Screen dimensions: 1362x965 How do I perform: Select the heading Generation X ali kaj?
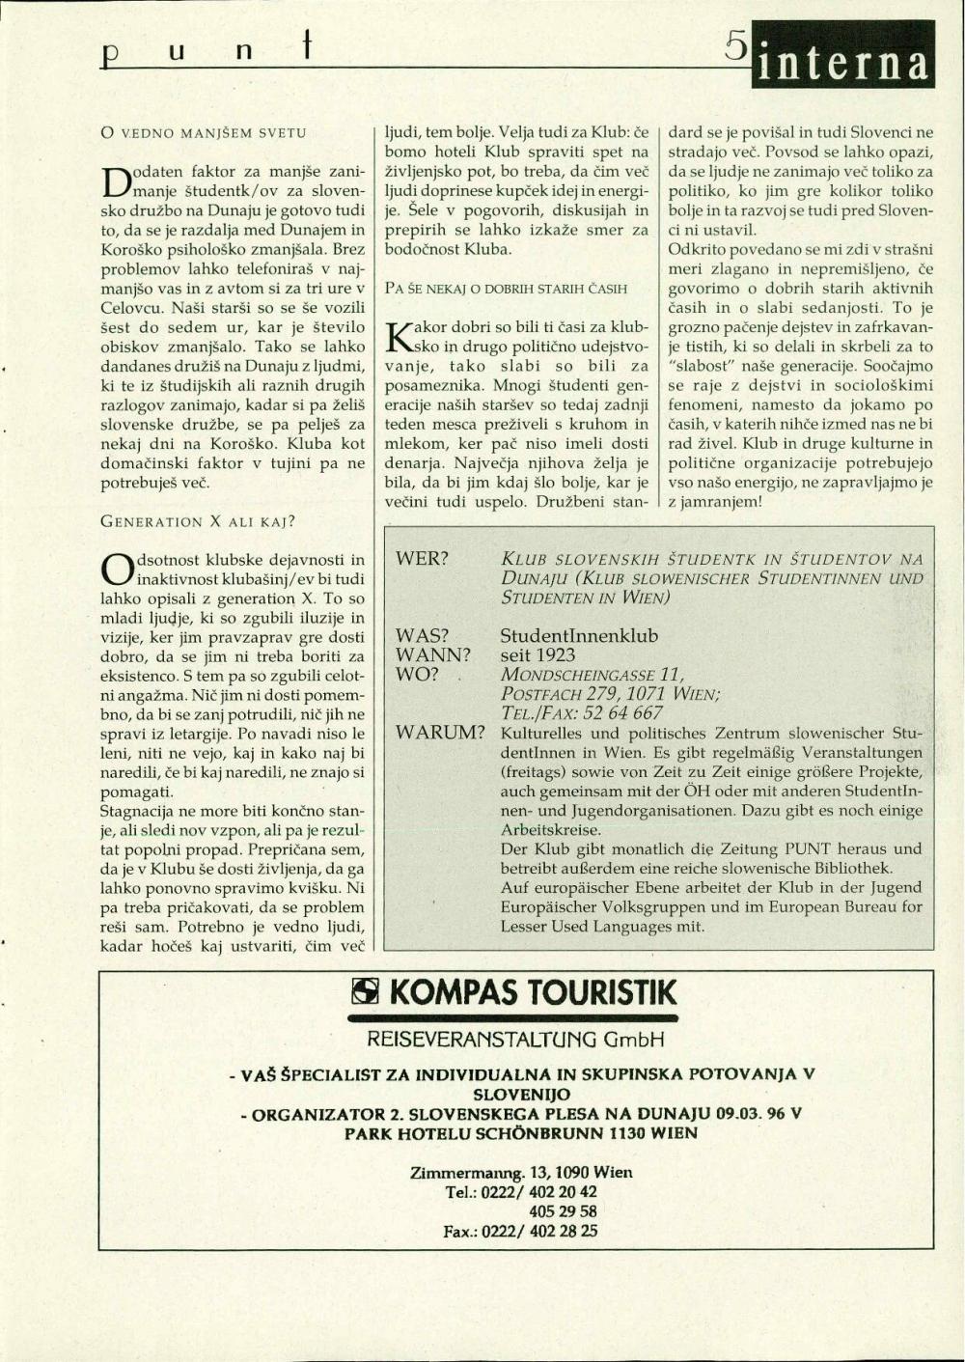[x=198, y=522]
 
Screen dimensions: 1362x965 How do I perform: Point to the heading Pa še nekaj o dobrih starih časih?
[x=506, y=288]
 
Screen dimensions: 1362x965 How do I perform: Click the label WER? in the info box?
[x=423, y=560]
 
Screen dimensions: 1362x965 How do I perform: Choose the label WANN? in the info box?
[x=433, y=654]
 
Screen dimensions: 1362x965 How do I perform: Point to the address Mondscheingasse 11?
[x=593, y=675]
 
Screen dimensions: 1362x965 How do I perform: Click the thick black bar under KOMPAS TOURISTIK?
[x=512, y=1017]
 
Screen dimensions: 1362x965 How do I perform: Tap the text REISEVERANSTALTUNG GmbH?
[x=515, y=1040]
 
